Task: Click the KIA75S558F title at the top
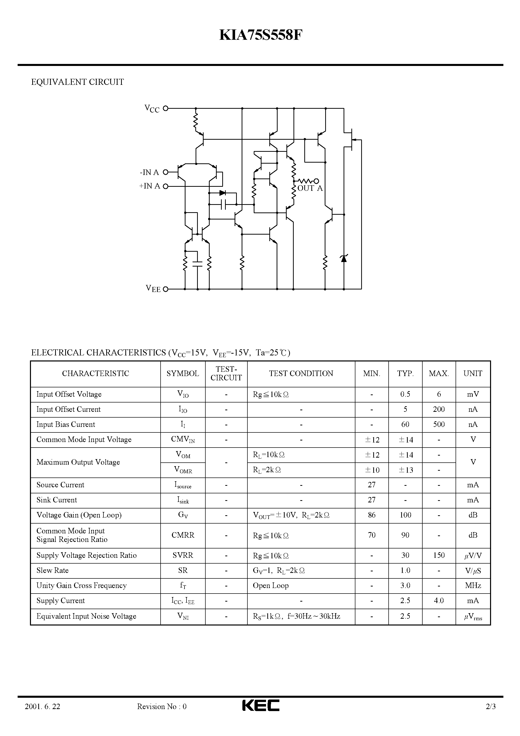(260, 35)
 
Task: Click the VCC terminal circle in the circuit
(165, 108)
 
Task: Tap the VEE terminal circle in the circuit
(165, 289)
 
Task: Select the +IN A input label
(150, 186)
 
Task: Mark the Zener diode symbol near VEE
(344, 258)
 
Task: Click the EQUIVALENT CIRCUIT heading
(77, 82)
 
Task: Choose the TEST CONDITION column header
(301, 374)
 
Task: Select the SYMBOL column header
(182, 374)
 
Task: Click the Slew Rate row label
(52, 570)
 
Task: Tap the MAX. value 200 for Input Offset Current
(438, 409)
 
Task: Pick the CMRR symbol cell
(182, 535)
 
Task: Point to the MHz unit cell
(473, 586)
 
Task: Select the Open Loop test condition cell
(271, 586)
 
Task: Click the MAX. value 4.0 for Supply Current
(438, 601)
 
